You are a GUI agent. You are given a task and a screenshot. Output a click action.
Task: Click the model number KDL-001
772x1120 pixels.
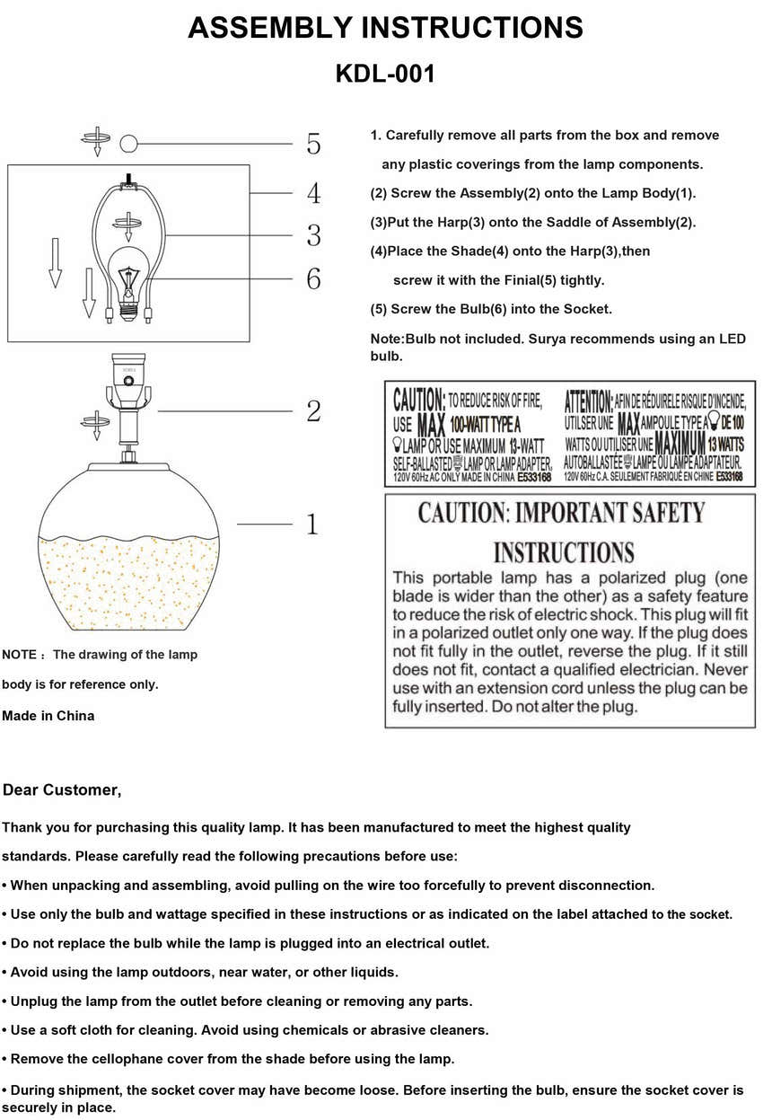pyautogui.click(x=385, y=74)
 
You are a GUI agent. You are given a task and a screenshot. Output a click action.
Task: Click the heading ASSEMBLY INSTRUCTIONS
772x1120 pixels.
pyautogui.click(x=385, y=28)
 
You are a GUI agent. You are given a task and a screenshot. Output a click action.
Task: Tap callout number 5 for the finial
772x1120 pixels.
pyautogui.click(x=313, y=144)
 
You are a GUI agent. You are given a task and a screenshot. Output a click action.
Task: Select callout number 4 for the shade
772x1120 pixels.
pyautogui.click(x=313, y=193)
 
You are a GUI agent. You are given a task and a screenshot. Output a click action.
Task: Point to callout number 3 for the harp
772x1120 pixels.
pyautogui.click(x=313, y=235)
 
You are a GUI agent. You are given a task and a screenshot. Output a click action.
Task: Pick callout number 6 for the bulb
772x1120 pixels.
pyautogui.click(x=313, y=279)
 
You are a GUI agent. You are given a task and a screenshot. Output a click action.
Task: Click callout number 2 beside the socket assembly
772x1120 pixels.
pyautogui.click(x=313, y=411)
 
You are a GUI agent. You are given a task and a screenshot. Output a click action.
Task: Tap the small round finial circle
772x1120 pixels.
pyautogui.click(x=129, y=143)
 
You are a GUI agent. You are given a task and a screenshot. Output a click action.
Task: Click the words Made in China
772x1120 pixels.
pyautogui.click(x=48, y=716)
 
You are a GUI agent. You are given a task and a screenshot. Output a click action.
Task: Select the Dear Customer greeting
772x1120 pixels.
pyautogui.click(x=62, y=790)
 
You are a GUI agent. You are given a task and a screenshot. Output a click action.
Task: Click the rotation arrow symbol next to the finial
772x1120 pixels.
pyautogui.click(x=94, y=140)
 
